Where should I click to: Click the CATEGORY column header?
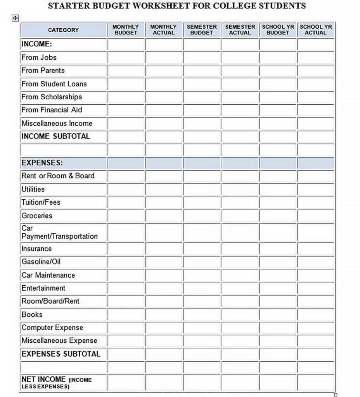tap(63, 30)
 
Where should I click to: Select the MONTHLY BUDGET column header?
tap(126, 30)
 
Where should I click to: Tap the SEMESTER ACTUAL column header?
tap(240, 30)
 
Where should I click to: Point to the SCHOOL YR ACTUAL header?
tap(315, 30)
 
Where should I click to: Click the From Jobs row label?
tap(39, 57)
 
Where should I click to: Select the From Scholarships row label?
tap(52, 97)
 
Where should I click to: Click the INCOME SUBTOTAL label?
tap(55, 136)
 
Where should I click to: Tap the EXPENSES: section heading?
tap(42, 163)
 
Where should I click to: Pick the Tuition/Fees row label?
tap(41, 202)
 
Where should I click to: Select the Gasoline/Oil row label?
tap(41, 262)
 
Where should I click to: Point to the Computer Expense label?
tap(52, 328)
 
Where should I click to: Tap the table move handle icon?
tap(15, 18)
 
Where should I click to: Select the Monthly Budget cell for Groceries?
tap(126, 216)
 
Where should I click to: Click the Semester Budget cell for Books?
tap(202, 314)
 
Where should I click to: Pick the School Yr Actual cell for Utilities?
tap(315, 189)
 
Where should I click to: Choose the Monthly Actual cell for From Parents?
tap(164, 71)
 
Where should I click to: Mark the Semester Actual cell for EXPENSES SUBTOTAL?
tap(240, 354)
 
